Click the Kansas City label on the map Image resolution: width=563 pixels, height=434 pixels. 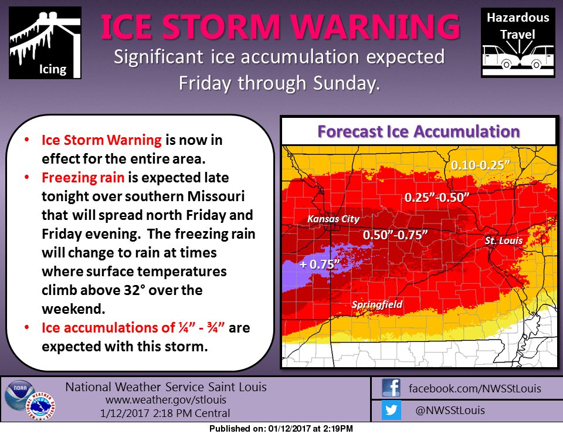[x=334, y=219]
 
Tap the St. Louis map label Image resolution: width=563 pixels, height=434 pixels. [x=503, y=240]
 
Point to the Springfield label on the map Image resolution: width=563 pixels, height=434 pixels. [x=377, y=305]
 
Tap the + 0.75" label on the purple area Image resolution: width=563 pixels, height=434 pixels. [x=320, y=265]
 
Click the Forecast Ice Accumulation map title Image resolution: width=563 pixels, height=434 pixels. [x=418, y=131]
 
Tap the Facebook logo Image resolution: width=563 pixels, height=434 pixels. [x=391, y=388]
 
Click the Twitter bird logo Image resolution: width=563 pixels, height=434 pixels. [x=391, y=411]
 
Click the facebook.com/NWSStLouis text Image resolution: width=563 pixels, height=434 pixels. [x=474, y=388]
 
